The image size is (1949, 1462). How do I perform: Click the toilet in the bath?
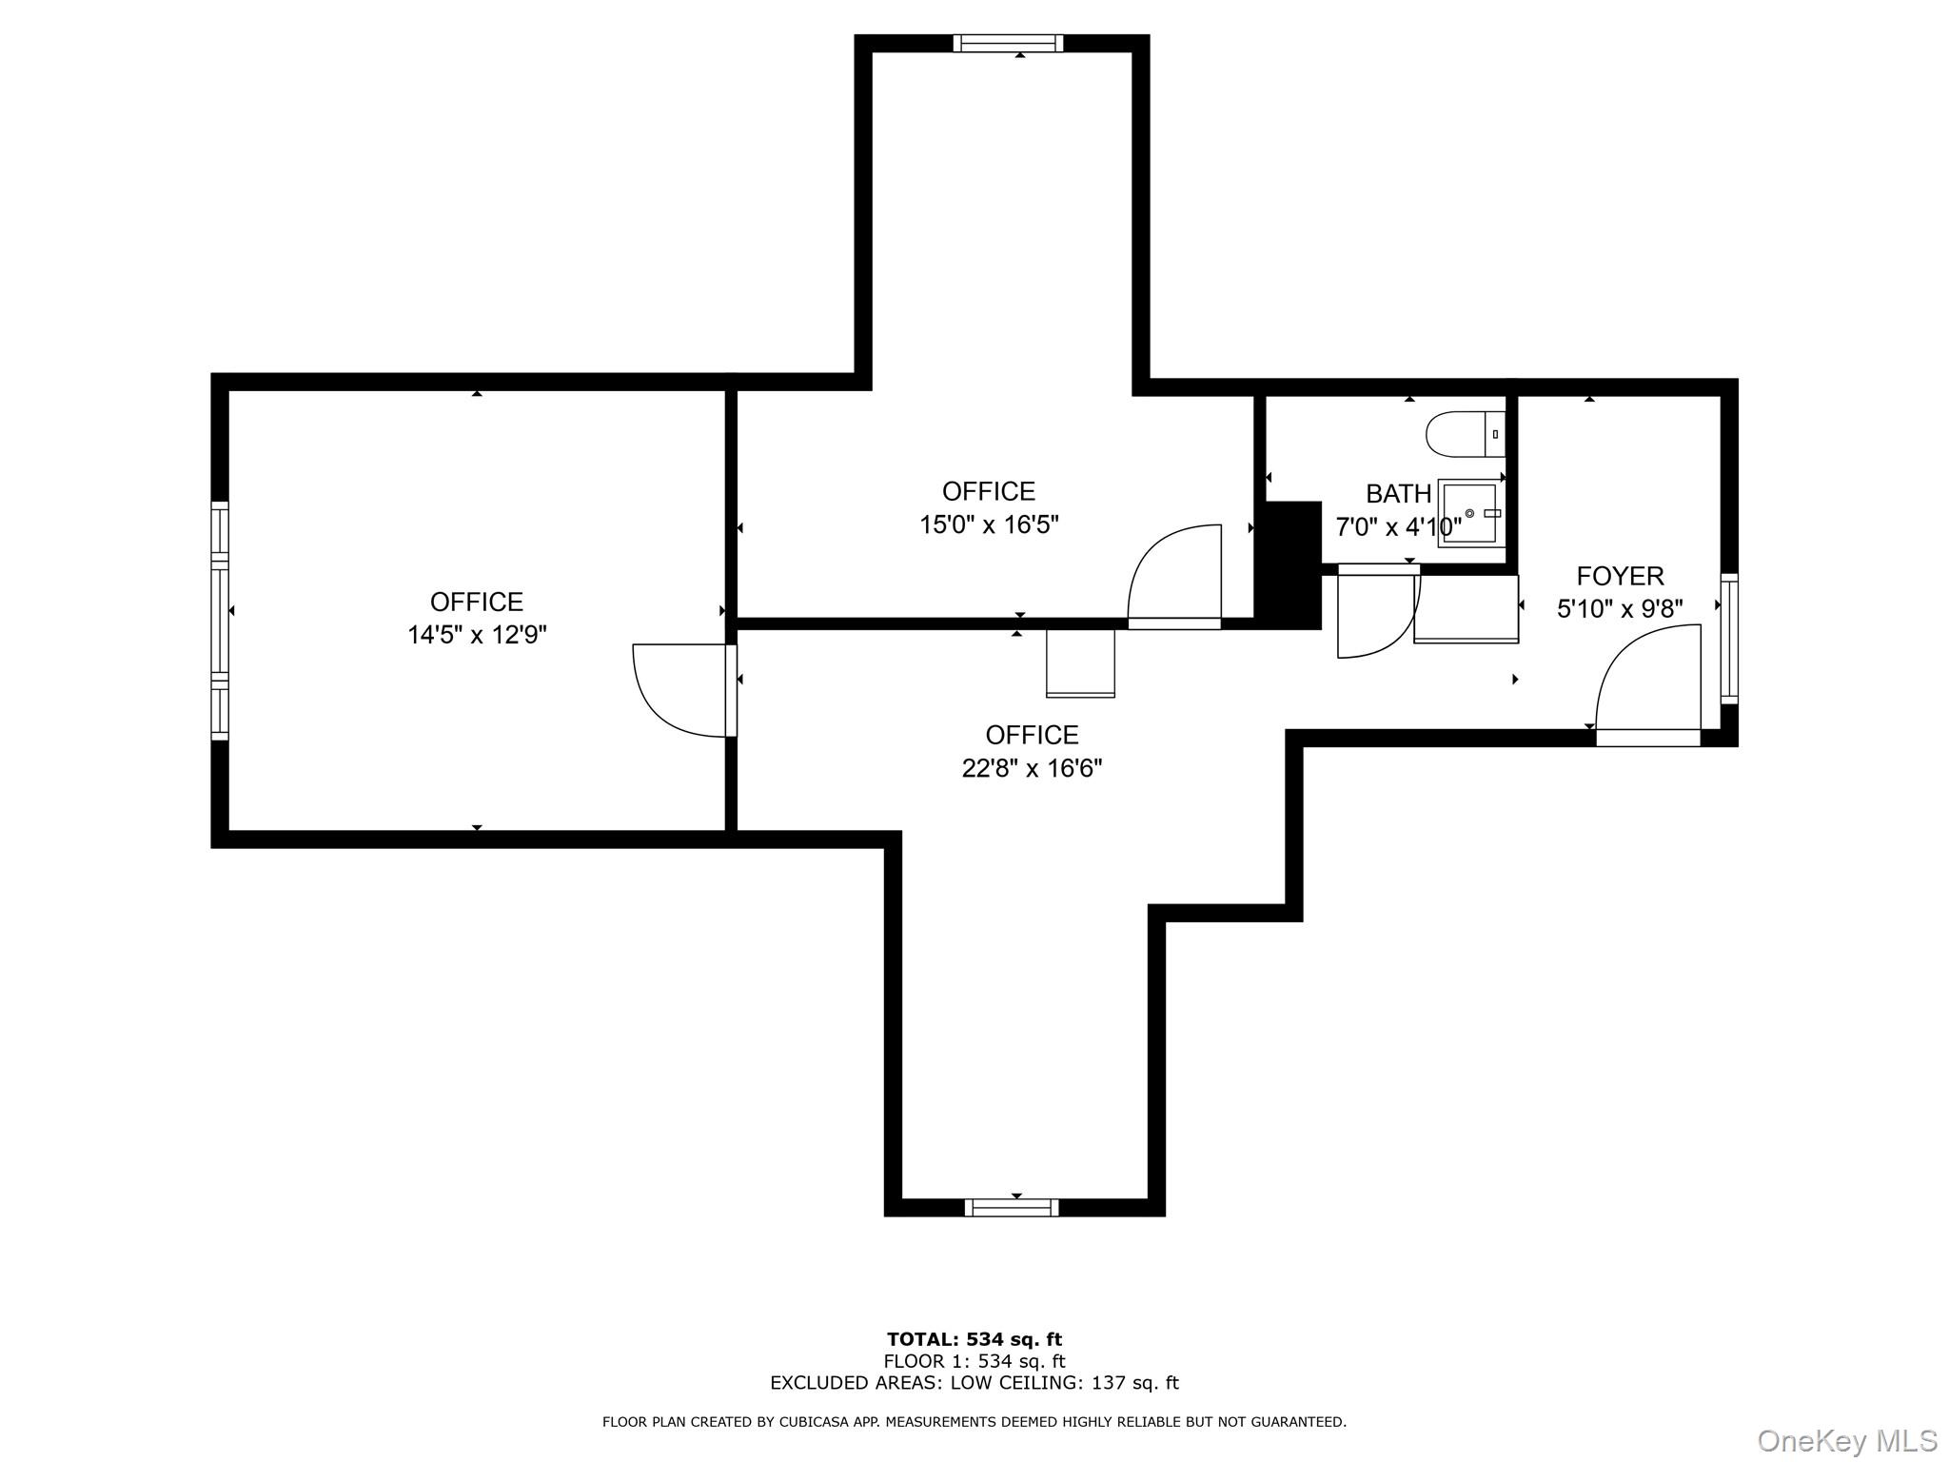pyautogui.click(x=1464, y=435)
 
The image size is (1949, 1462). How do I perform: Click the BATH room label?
pyautogui.click(x=1398, y=494)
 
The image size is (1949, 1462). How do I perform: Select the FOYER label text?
pyautogui.click(x=1620, y=576)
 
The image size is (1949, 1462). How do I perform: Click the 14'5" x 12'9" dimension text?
pyautogui.click(x=477, y=635)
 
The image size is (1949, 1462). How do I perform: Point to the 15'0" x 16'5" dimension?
pyautogui.click(x=989, y=524)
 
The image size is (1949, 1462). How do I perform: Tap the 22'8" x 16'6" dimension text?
pyautogui.click(x=1032, y=768)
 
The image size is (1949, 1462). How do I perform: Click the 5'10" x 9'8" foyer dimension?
pyautogui.click(x=1620, y=609)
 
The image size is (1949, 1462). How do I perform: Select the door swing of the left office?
pyautogui.click(x=678, y=690)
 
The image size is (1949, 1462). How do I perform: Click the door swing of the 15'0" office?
pyautogui.click(x=1175, y=574)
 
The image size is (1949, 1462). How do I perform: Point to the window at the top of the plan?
pyautogui.click(x=1008, y=43)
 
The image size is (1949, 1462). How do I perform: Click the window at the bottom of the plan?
pyautogui.click(x=1011, y=1207)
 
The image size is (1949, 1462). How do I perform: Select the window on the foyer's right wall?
pyautogui.click(x=1728, y=638)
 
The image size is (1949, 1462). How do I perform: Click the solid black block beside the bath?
pyautogui.click(x=1289, y=566)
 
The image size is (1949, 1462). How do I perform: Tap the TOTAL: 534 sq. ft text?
pyautogui.click(x=974, y=1340)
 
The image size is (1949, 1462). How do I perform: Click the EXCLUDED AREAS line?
pyautogui.click(x=974, y=1383)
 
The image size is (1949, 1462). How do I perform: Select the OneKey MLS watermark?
pyautogui.click(x=1846, y=1440)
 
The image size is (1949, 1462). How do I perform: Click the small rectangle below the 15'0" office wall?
pyautogui.click(x=1080, y=663)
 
